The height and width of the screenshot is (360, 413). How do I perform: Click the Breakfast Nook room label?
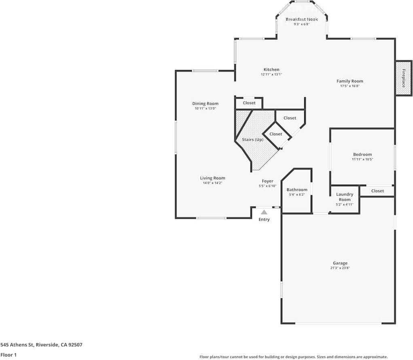tap(302, 19)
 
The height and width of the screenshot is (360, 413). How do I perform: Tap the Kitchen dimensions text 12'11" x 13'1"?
tap(271, 75)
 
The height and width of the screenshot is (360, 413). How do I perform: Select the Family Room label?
tap(350, 81)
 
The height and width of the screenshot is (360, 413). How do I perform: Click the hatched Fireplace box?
tap(404, 78)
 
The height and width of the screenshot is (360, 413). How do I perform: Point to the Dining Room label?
tap(205, 104)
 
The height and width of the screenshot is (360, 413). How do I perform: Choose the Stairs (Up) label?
tap(252, 140)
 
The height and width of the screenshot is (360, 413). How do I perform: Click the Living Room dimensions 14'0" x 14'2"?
tap(212, 183)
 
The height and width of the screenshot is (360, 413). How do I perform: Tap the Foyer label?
tap(267, 181)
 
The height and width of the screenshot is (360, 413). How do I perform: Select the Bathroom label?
tap(297, 190)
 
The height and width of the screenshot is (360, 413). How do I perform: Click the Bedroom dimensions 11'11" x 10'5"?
tap(362, 159)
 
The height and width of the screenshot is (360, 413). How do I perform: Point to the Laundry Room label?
tap(345, 197)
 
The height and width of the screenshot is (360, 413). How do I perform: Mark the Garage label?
tap(340, 263)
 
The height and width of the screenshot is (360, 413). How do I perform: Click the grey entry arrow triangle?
tap(264, 212)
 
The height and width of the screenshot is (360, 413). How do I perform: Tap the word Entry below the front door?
tap(264, 219)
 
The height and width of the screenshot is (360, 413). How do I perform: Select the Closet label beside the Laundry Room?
tap(377, 191)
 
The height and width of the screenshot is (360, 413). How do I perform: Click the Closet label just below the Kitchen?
tap(249, 103)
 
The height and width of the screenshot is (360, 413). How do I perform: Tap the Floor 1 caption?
tap(8, 355)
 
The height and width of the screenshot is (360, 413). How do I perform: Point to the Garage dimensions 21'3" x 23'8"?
tap(340, 268)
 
